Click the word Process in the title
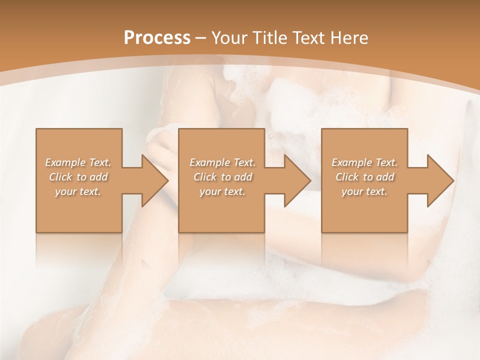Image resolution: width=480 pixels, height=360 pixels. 157,37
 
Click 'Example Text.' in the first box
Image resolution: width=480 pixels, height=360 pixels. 78,162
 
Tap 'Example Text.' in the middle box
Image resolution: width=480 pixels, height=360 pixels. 222,162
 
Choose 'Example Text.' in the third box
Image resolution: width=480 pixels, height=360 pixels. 364,162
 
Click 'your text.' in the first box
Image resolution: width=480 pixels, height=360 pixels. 78,191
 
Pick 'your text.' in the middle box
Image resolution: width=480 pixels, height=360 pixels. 222,191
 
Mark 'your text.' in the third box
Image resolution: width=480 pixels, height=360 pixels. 364,191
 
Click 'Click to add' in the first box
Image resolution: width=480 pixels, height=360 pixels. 78,177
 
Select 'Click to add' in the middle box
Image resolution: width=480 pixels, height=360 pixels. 222,177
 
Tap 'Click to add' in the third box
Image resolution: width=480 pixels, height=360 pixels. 364,177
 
